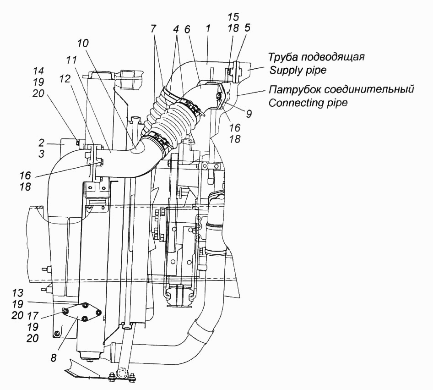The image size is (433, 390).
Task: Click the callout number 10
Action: [x=83, y=43]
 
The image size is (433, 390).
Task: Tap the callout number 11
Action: [x=71, y=60]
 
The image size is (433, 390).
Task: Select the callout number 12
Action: [x=65, y=79]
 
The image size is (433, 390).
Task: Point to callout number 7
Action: [x=153, y=28]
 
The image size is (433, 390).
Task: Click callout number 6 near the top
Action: [x=187, y=29]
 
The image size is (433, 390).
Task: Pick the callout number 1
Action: [x=208, y=28]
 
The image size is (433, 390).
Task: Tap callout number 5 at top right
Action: [x=247, y=27]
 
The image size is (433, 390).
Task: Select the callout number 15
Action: [x=233, y=17]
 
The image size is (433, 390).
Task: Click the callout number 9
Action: [x=249, y=114]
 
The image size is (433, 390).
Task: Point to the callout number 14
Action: [x=38, y=71]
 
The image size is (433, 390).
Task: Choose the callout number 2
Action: [x=41, y=143]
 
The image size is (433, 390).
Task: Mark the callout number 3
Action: [x=41, y=154]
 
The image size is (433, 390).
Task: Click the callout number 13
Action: [x=18, y=293]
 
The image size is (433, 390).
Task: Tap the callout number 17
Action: [x=32, y=316]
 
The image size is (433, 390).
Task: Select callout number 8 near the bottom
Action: [x=54, y=358]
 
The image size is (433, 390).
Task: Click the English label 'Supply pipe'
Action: [x=298, y=70]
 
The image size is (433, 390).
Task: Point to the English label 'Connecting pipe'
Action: [x=308, y=103]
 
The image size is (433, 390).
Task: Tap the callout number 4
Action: [x=177, y=28]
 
